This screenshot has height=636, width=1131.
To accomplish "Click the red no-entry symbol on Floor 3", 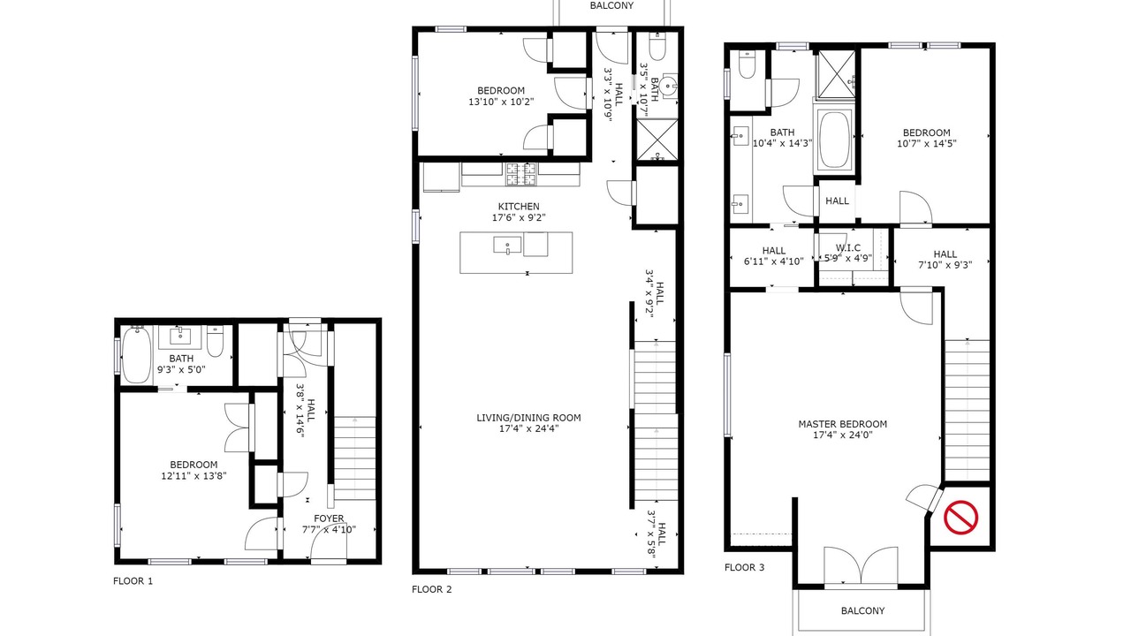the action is pos(960,517).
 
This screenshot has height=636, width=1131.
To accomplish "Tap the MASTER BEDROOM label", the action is pos(842,424).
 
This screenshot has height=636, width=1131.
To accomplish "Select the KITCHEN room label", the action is pos(519,207).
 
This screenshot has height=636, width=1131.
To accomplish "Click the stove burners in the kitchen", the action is pos(520,174).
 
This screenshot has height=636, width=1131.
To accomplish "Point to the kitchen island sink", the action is pos(507,246).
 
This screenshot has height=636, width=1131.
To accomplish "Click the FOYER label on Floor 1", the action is pos(329,519).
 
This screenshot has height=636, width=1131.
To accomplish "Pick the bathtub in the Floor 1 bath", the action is pos(136,355).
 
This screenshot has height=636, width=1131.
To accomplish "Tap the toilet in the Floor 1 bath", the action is pos(215,341).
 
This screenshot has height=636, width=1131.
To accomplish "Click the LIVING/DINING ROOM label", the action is pos(528,418).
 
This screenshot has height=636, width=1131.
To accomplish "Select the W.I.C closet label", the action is pos(847,248).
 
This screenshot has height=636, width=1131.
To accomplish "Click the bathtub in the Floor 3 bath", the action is pos(833,140).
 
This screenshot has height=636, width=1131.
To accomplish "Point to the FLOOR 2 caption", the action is pos(432,589).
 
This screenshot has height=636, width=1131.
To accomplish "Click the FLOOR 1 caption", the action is pos(133,581).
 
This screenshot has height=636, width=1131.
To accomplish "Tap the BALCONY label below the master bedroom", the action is pos(862,610).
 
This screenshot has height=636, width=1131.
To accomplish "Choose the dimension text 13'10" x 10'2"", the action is pos(501,102).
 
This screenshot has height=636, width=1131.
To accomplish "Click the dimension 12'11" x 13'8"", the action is pos(194,475).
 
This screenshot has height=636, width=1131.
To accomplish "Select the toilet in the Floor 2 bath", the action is pos(657,47).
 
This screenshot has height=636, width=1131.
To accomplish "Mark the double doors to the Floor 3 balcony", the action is pos(861,565).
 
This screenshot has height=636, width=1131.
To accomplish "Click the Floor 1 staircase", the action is pos(355,458).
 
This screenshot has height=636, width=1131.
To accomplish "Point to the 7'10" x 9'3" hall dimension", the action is pos(945,265).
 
